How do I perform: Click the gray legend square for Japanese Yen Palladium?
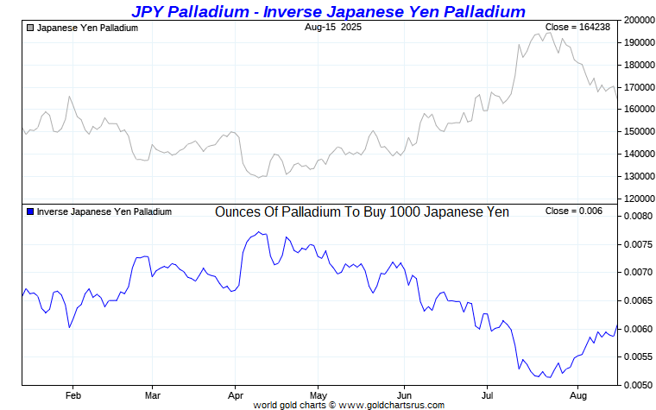click(31, 28)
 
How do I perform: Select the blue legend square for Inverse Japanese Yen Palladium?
click(31, 211)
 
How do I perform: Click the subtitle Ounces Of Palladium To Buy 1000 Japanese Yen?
click(362, 211)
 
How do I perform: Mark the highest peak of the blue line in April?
click(258, 231)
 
